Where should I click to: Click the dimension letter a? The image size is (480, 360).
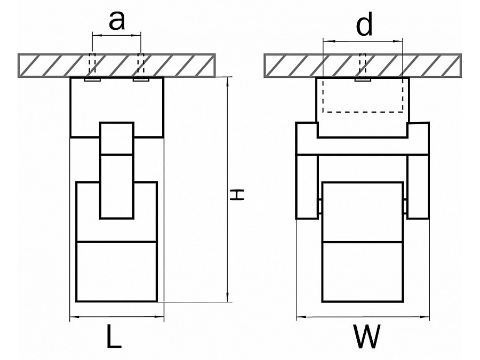tap(116, 20)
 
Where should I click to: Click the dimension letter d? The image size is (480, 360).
tap(364, 25)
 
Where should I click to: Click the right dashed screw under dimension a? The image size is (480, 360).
tap(141, 66)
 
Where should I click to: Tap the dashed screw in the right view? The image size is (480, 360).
tap(363, 66)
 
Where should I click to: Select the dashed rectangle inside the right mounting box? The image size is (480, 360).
tap(363, 96)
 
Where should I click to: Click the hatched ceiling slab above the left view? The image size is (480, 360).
tap(53, 65)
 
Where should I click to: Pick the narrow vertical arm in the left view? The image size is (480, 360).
tap(117, 171)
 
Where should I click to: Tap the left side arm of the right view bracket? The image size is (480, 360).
tap(307, 186)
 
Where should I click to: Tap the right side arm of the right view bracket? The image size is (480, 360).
tap(418, 186)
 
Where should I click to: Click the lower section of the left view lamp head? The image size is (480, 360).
tap(117, 271)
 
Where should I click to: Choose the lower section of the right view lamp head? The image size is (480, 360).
tap(363, 271)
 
